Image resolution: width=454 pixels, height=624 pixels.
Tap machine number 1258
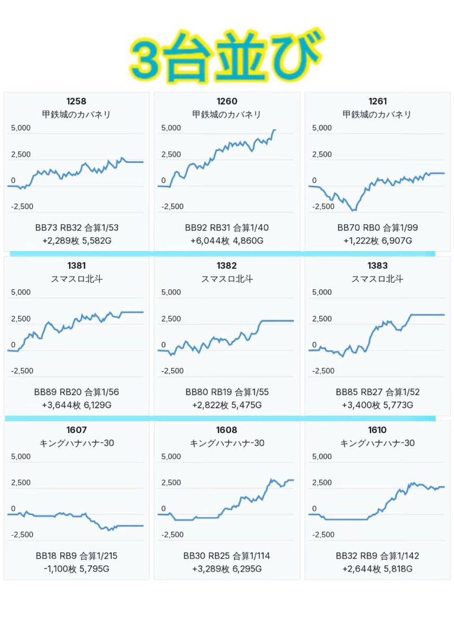(x=76, y=101)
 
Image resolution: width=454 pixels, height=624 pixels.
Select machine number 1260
(x=226, y=101)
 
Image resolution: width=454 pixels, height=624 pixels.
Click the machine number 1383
(x=377, y=266)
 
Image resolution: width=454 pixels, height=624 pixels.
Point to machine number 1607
(x=76, y=430)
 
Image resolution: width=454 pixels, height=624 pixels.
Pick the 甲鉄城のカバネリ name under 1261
(x=377, y=114)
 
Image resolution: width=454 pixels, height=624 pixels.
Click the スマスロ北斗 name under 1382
(x=226, y=279)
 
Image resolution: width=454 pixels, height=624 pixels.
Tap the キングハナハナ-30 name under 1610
(x=377, y=443)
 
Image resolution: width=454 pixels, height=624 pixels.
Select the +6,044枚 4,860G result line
(x=226, y=240)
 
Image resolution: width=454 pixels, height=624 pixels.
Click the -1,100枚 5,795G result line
(x=76, y=568)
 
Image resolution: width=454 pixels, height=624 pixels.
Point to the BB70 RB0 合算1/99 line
(x=377, y=228)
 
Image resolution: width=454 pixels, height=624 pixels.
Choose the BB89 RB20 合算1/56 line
(x=76, y=392)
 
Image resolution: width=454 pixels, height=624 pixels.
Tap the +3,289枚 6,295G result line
(x=226, y=568)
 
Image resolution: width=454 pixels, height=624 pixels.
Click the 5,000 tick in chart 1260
(x=171, y=128)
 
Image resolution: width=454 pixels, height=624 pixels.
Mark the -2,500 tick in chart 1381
(x=22, y=371)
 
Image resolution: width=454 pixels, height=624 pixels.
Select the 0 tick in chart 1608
(x=163, y=509)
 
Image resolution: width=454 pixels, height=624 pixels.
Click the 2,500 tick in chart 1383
(x=322, y=318)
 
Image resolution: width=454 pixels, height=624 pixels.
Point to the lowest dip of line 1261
(x=354, y=211)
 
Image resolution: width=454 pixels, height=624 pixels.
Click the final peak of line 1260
(x=275, y=130)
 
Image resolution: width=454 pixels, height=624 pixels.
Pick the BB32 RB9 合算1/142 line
(x=377, y=556)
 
